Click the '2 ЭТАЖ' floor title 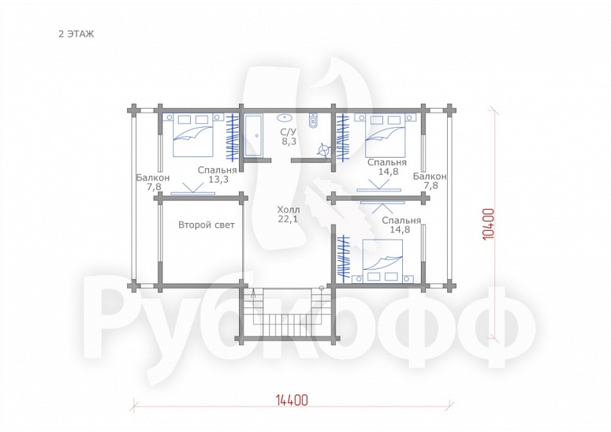[x=76, y=34]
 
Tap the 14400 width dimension [x=292, y=400]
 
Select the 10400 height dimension [x=489, y=224]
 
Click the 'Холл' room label [x=289, y=210]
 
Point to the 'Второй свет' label [x=207, y=225]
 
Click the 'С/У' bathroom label [x=289, y=132]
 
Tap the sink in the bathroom [x=286, y=117]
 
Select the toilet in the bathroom [x=313, y=121]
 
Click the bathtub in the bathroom [x=254, y=136]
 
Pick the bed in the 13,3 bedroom [x=193, y=134]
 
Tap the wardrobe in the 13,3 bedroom [x=233, y=136]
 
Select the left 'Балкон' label [x=153, y=178]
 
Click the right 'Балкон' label [x=430, y=177]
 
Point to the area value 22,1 [x=288, y=219]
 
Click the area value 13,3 [x=218, y=180]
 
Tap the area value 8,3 [x=289, y=141]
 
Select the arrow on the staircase [x=254, y=293]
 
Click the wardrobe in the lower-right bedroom [x=343, y=258]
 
